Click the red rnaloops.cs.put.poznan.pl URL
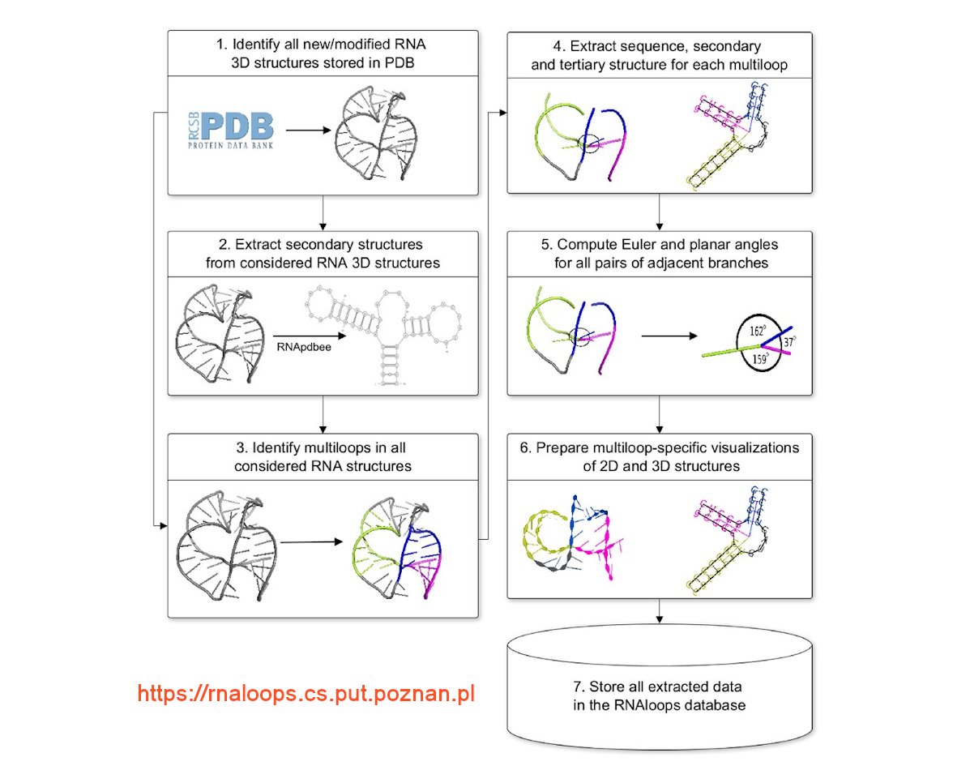306,694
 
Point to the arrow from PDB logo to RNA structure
306,130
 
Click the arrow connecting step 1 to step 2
323,212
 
